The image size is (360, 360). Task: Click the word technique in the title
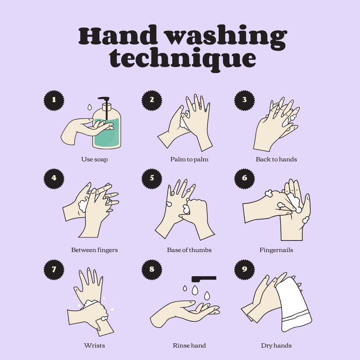point(182,59)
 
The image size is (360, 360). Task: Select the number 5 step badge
point(152,178)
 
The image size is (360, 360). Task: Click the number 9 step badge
point(244,269)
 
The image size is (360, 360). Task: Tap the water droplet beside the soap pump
point(89,107)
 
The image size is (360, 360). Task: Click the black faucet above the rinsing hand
point(204,279)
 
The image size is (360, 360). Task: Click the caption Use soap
point(94,159)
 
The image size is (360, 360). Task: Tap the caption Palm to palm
point(189,159)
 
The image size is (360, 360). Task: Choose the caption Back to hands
point(276,159)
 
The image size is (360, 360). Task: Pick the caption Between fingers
point(94,250)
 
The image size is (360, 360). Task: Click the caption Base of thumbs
point(189,250)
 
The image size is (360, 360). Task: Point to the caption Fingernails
point(276,250)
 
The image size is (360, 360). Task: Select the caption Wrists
point(94,346)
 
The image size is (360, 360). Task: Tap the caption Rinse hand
point(189,346)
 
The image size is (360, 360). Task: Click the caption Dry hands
point(276,346)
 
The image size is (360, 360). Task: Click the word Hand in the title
point(116,36)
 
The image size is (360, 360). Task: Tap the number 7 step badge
point(54,269)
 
